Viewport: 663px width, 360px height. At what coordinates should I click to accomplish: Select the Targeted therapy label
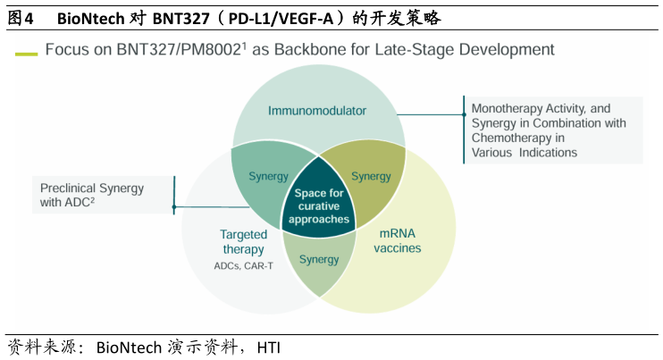[243, 242]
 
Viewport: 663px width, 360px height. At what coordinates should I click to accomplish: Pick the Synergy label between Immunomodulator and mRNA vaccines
[371, 176]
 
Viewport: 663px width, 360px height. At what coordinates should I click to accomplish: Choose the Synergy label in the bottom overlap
[319, 260]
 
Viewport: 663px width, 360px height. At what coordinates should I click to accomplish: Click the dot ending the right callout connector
[463, 114]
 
